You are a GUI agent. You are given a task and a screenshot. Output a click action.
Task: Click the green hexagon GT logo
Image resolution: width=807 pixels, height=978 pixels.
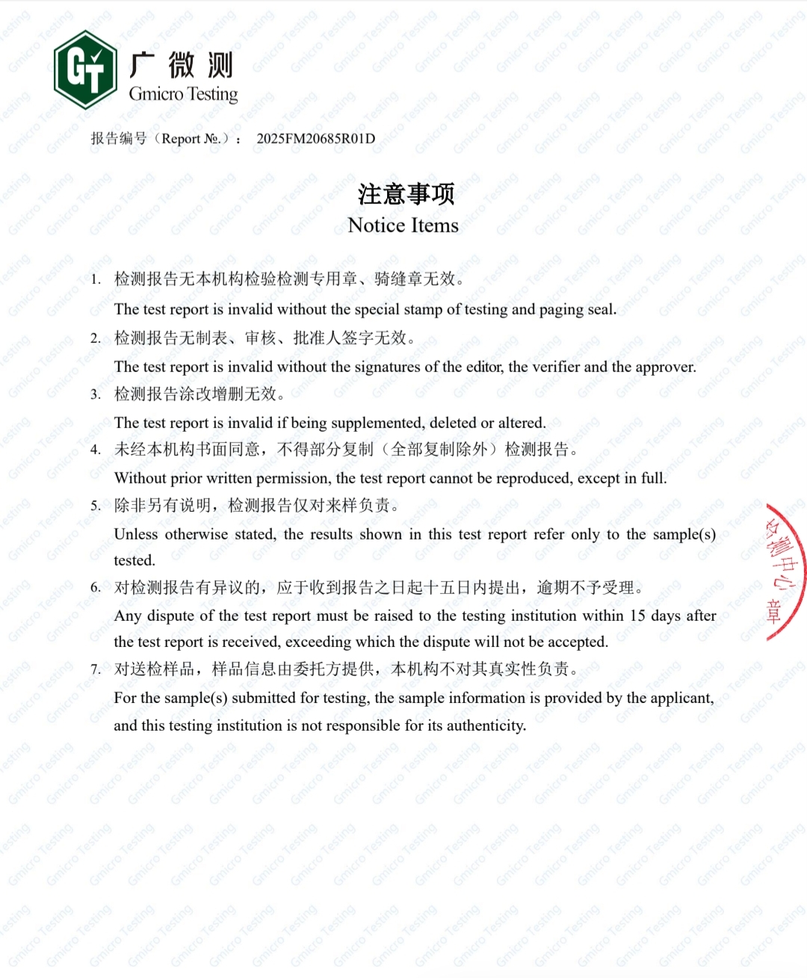pyautogui.click(x=85, y=69)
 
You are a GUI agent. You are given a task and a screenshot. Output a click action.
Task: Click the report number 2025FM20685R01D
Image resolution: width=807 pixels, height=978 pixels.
pyautogui.click(x=315, y=139)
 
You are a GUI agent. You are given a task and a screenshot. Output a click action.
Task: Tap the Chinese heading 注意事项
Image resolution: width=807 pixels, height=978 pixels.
pyautogui.click(x=406, y=194)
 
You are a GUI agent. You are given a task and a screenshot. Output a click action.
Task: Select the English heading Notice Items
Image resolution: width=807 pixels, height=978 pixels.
pyautogui.click(x=403, y=226)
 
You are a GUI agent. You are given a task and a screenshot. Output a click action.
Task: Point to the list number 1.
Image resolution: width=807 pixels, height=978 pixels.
pyautogui.click(x=95, y=280)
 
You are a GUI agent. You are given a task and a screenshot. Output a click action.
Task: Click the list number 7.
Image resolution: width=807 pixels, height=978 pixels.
pyautogui.click(x=95, y=670)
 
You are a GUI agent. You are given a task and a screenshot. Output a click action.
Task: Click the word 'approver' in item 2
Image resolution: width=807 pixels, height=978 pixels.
pyautogui.click(x=664, y=367)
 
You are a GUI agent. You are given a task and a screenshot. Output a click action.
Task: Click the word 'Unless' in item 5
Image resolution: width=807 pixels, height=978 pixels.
pyautogui.click(x=135, y=534)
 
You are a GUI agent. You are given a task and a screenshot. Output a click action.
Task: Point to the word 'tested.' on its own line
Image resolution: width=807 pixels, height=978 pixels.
pyautogui.click(x=134, y=560)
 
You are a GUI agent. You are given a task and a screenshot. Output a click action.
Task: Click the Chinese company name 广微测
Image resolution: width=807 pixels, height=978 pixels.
pyautogui.click(x=182, y=65)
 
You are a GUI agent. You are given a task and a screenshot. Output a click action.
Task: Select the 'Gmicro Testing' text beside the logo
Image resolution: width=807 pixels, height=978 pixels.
pyautogui.click(x=183, y=94)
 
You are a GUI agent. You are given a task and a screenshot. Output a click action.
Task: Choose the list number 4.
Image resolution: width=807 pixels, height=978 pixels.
pyautogui.click(x=95, y=450)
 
